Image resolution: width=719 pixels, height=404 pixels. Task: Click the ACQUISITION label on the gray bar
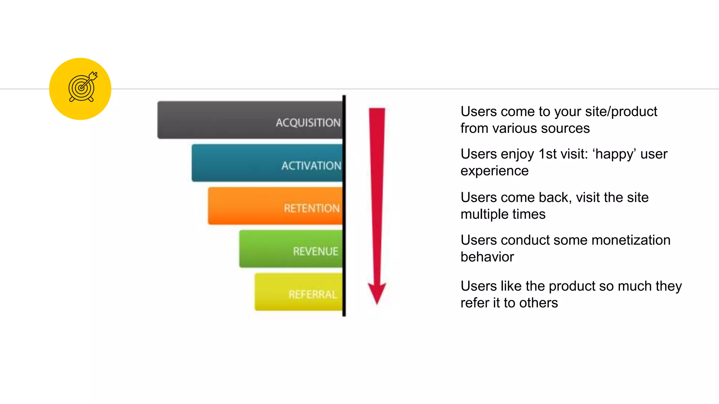coord(308,123)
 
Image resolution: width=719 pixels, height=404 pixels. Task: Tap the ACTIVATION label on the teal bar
coord(311,166)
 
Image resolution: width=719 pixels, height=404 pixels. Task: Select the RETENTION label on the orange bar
coord(312,208)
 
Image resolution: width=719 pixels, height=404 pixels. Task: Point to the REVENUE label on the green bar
coord(316,251)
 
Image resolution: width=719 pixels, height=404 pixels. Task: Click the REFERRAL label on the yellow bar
coord(313,294)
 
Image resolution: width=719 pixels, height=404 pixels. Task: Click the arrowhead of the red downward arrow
coord(377,292)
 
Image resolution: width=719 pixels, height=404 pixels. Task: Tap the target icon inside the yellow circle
coord(82,87)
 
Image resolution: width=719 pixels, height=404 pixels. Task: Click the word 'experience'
coord(494,171)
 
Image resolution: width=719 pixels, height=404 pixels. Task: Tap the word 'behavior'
coord(487,257)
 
